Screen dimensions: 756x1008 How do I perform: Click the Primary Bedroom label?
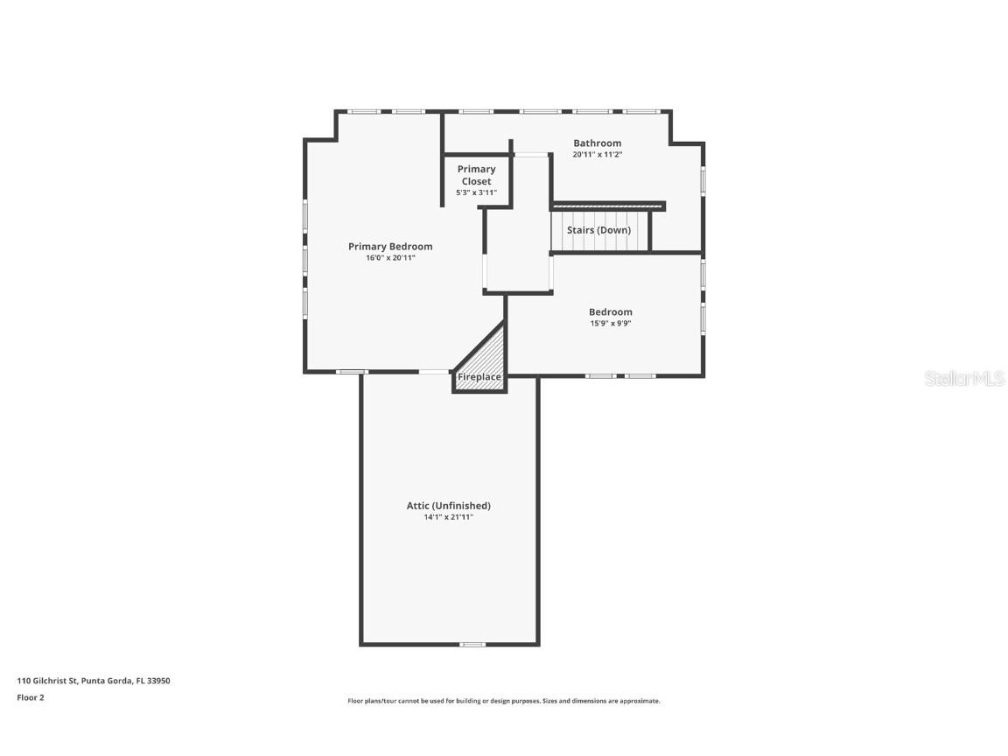click(390, 247)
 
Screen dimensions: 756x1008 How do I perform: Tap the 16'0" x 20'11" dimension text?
click(390, 258)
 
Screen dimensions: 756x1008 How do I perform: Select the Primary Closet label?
click(476, 175)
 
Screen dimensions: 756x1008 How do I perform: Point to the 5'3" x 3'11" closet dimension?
click(476, 192)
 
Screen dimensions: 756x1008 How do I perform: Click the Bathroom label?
click(597, 143)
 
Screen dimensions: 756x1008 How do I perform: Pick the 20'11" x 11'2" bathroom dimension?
click(597, 155)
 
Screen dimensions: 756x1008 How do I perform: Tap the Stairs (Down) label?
click(598, 230)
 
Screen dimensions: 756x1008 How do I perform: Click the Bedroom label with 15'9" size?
click(610, 312)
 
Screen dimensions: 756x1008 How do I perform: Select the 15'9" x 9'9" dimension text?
click(610, 324)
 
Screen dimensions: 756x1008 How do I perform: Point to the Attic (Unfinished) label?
click(448, 506)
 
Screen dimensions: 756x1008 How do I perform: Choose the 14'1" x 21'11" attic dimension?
click(448, 517)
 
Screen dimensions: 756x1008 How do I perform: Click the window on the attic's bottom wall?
click(472, 645)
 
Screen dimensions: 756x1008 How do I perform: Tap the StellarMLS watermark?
click(964, 379)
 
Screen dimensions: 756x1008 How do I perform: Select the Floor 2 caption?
click(31, 697)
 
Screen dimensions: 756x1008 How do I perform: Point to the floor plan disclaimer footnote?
click(503, 701)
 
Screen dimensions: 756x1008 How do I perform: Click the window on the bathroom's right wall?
click(703, 180)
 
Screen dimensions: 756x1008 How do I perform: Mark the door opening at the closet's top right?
click(530, 155)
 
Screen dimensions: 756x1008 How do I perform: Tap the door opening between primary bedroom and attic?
click(434, 372)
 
